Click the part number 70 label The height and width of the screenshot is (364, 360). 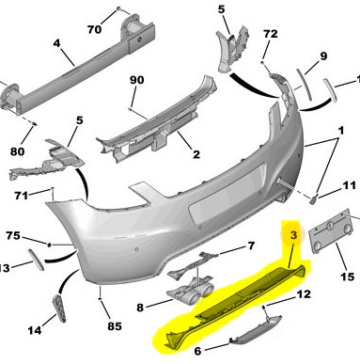94,29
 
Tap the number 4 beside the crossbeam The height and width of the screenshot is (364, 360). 56,43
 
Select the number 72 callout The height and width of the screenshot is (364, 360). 271,34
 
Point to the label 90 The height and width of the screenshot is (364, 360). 136,80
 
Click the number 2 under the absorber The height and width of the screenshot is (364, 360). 196,154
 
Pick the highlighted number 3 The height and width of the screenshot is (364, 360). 293,235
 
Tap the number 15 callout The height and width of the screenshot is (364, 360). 348,277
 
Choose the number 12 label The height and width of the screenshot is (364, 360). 304,294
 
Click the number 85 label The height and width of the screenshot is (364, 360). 115,326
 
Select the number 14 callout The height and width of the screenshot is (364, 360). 35,330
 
